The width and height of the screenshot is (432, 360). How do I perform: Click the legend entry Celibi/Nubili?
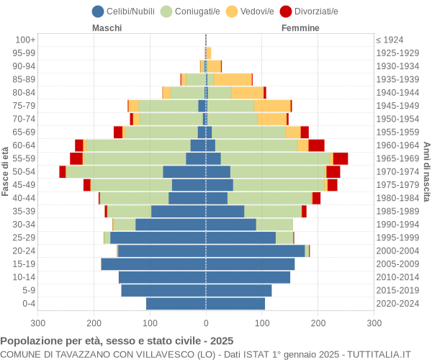point(132,11)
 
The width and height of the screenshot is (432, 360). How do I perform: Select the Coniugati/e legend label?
point(197,11)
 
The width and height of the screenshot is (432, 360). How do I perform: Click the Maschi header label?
point(107,28)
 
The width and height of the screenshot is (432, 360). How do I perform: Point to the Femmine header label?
point(300,28)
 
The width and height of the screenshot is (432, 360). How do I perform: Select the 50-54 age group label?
point(24,171)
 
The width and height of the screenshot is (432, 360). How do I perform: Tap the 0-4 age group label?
point(29,303)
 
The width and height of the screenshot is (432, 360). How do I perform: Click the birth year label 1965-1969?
point(397,158)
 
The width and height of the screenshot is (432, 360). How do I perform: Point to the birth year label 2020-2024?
point(397,303)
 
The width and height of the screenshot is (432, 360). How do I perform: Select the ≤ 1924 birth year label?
point(390,40)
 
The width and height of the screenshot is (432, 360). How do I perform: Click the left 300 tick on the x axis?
point(38,324)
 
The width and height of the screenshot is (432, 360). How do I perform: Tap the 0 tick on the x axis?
point(206,324)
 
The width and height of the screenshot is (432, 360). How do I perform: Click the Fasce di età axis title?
point(6,171)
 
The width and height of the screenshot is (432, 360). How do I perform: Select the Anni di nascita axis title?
point(426,171)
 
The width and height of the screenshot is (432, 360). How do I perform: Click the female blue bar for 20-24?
point(255,251)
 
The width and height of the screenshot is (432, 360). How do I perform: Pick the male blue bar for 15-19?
point(153,264)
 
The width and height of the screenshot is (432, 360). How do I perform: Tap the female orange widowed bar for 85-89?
point(233,79)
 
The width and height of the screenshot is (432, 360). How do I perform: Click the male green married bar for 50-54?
point(114,171)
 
